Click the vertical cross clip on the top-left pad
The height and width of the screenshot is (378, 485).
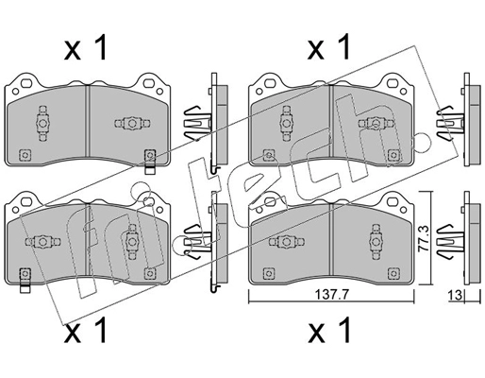pyautogui.click(x=42, y=121)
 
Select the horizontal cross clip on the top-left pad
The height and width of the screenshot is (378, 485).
pyautogui.click(x=129, y=122)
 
